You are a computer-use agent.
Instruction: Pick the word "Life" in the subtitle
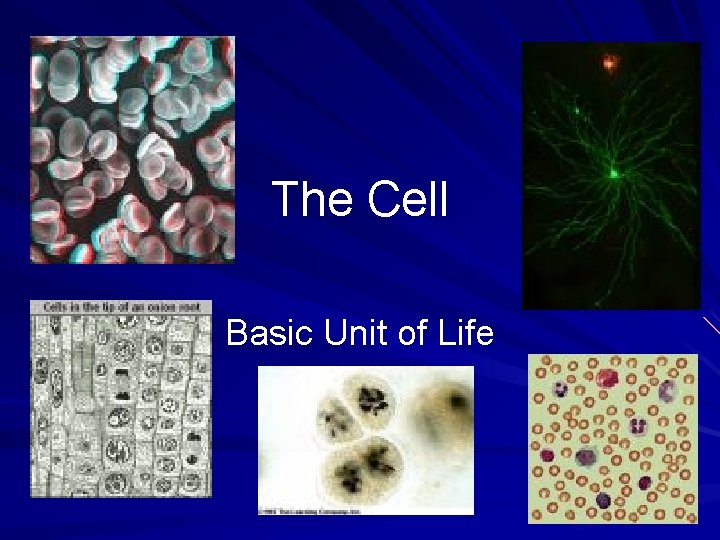pos(464,332)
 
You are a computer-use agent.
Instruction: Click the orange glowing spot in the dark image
pos(608,64)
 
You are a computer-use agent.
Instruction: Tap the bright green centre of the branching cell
pos(613,173)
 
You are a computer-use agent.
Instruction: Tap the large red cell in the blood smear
pos(609,377)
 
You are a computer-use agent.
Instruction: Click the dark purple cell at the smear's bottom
pos(603,500)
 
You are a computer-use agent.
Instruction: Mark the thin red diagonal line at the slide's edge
pos(711,324)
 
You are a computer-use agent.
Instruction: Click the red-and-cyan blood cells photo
pos(132,150)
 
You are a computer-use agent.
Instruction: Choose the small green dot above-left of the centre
pos(576,109)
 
